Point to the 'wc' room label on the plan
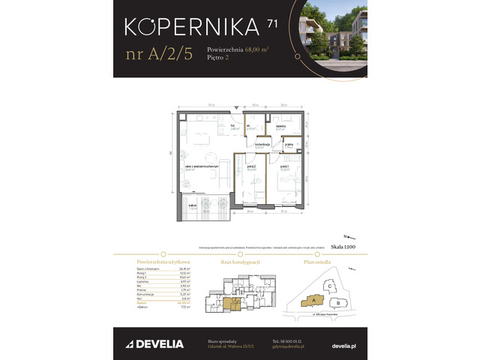coord(250,126)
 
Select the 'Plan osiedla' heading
coord(316,261)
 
